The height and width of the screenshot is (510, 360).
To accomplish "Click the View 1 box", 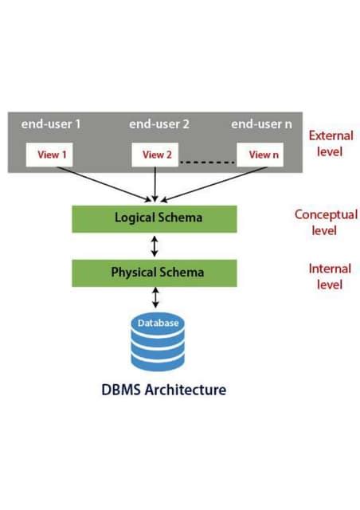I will click(49, 155).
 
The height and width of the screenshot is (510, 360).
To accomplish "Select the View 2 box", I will click(156, 155).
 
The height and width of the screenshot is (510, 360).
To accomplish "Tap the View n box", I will click(263, 155).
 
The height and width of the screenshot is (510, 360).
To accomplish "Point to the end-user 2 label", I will click(158, 124).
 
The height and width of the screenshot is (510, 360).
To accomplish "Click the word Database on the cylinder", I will click(157, 324).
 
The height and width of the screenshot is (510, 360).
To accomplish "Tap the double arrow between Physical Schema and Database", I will click(155, 297).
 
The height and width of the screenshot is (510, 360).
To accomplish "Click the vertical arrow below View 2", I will click(155, 184).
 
